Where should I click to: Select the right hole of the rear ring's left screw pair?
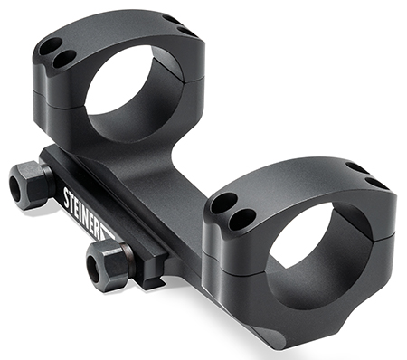click(64, 59)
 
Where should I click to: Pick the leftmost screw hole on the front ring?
click(221, 203)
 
